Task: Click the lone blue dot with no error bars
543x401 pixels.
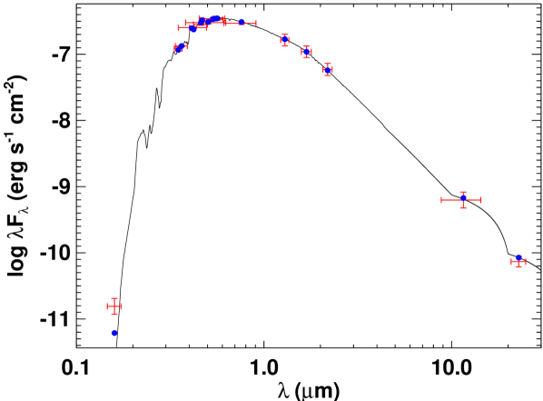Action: click(114, 333)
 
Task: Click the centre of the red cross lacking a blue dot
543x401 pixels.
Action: click(114, 306)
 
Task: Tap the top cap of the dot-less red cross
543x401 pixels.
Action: click(114, 298)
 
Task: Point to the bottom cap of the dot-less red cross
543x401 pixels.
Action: click(114, 315)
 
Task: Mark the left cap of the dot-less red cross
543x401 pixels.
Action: click(107, 306)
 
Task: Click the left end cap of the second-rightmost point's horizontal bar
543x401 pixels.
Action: click(442, 200)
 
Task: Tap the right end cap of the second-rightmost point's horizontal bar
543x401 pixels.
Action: click(481, 200)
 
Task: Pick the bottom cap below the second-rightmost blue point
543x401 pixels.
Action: click(463, 207)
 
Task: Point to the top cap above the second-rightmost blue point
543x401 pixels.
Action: click(463, 192)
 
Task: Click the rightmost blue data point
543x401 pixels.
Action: click(518, 260)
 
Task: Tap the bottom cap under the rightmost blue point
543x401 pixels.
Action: click(518, 267)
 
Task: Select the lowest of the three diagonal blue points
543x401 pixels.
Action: click(328, 70)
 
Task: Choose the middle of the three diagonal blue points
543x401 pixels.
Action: click(306, 52)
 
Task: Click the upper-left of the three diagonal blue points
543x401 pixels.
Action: click(285, 39)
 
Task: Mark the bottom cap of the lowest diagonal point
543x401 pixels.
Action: click(328, 76)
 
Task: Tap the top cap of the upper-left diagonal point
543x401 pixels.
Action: click(285, 34)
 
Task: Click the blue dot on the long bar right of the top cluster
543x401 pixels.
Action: click(242, 22)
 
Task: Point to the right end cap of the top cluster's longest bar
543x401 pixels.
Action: click(256, 23)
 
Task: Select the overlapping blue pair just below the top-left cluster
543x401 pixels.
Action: click(180, 47)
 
